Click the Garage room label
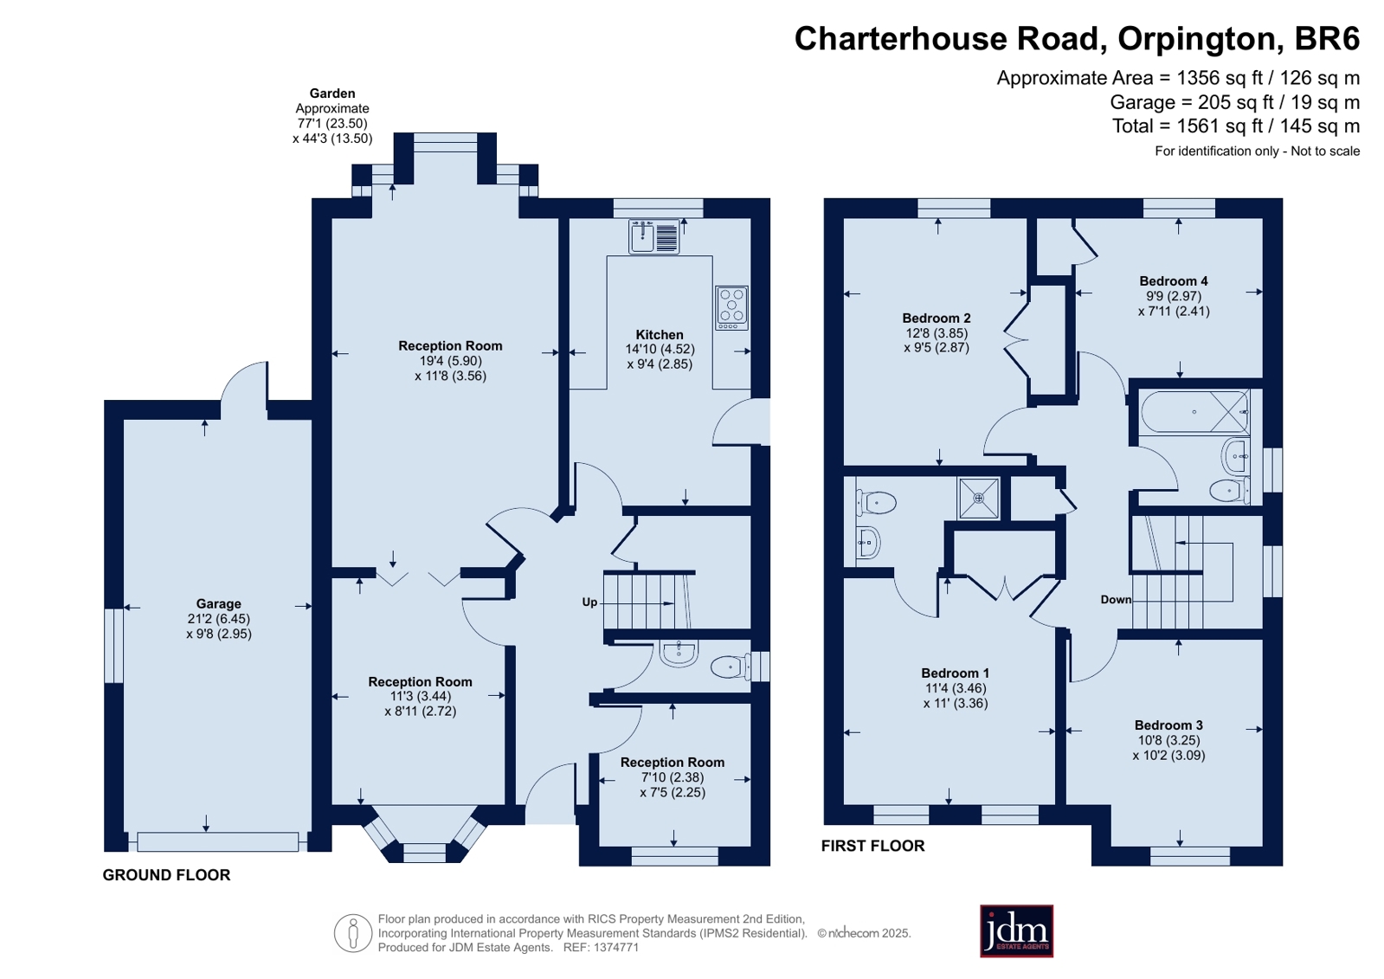point(219,604)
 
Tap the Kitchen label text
point(660,334)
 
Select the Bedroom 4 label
point(1174,281)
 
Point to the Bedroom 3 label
point(1168,725)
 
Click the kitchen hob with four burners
point(731,307)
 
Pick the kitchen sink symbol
point(654,236)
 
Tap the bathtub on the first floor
point(1195,412)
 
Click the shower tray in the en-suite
point(978,498)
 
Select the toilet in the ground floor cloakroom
point(731,667)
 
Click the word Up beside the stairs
point(589,602)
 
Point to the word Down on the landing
point(1116,600)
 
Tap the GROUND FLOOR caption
point(166,875)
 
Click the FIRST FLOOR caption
point(872,846)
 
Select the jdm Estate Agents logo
point(1016,931)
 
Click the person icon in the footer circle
point(353,933)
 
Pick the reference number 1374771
point(616,948)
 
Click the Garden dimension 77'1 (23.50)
point(332,124)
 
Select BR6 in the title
point(1327,38)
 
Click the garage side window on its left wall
point(113,645)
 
